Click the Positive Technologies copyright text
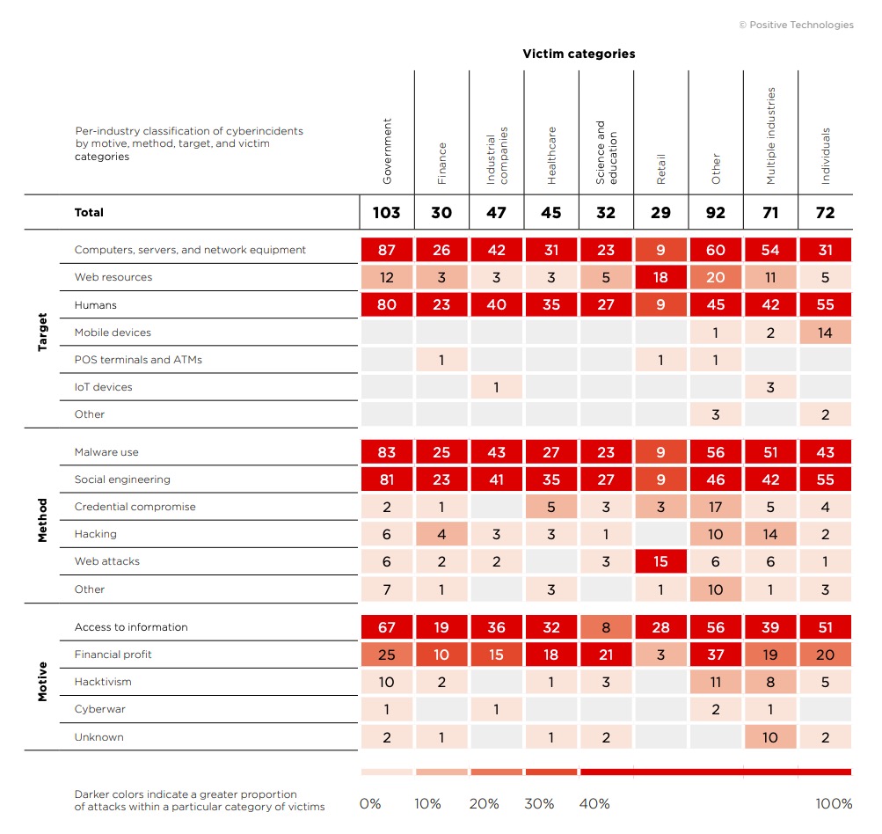796,25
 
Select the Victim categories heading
579,54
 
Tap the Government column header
387,151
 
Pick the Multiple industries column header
770,135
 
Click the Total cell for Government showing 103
386,212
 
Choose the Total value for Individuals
825,212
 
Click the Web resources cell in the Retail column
660,277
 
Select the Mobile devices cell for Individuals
825,333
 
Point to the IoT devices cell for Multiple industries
770,387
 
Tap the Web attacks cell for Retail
660,561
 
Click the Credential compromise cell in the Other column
716,507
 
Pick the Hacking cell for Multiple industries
770,534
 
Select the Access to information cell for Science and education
606,627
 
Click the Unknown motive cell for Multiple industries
770,737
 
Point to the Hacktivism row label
103,682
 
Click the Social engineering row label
122,479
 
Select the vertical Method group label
43,520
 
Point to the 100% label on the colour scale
834,804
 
